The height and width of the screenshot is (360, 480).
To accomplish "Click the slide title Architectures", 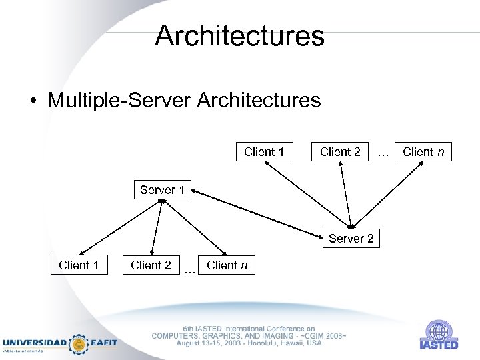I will (x=239, y=36).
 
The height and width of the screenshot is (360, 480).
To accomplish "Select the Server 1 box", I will (x=162, y=190).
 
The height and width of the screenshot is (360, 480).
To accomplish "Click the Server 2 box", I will (x=351, y=238).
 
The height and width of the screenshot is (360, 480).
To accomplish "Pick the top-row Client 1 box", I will (x=264, y=151).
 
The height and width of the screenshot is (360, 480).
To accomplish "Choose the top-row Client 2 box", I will (x=340, y=151).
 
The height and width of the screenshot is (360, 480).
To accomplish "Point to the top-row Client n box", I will (x=423, y=151).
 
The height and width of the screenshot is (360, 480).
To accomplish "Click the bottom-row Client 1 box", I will (x=79, y=265).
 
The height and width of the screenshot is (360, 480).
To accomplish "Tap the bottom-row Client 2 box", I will (x=151, y=265).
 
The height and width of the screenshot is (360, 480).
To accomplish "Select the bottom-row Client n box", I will (x=227, y=265).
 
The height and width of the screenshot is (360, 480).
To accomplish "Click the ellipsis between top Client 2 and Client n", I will (x=383, y=153).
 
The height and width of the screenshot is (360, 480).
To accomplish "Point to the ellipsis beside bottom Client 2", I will (x=189, y=270).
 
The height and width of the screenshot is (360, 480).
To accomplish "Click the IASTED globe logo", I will (x=438, y=331).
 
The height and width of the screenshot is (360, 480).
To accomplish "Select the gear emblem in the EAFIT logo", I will (x=80, y=343).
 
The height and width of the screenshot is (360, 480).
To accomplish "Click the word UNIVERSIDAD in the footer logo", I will (x=35, y=343).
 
